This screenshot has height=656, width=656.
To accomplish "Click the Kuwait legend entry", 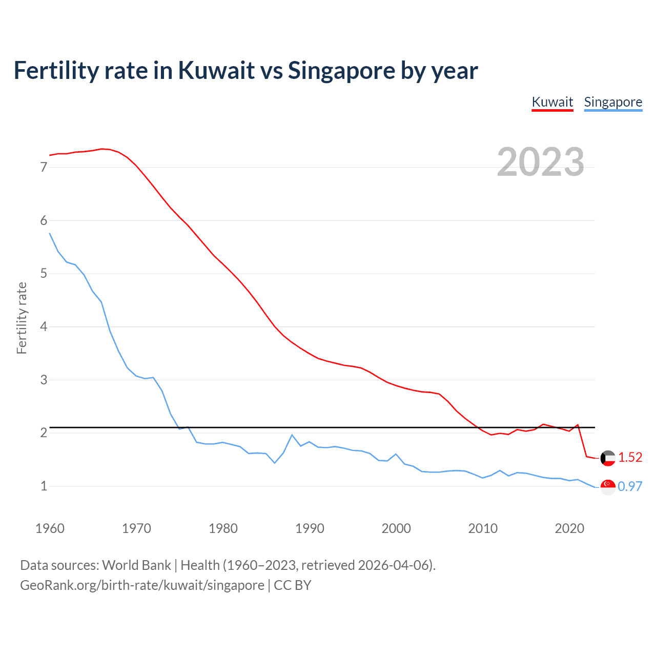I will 552,102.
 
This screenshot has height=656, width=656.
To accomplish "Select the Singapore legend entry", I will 613,102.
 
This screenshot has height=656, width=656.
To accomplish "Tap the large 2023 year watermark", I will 540,162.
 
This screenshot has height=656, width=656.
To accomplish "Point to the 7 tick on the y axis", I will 44,167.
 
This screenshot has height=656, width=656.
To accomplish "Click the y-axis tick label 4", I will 44,326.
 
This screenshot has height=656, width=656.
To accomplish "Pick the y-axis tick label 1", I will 44,486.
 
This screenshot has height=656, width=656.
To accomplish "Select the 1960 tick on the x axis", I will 50,528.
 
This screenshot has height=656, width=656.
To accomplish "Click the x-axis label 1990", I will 310,528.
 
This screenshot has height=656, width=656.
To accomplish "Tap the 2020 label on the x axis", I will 569,528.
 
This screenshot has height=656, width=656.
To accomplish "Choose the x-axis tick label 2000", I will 396,528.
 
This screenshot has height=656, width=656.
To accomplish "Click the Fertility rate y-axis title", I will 22,318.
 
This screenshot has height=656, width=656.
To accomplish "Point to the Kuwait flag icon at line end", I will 608,458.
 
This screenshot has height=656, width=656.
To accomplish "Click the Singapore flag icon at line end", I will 608,487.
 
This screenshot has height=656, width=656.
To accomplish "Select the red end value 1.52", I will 630,457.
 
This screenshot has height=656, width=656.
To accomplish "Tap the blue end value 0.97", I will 630,486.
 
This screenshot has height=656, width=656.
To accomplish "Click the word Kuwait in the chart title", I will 216,70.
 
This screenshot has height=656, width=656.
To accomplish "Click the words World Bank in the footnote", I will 136,565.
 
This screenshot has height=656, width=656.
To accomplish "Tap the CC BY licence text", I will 293,585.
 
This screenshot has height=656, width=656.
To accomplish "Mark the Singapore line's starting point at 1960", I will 50,233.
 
